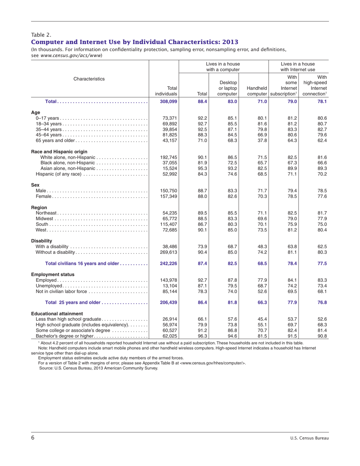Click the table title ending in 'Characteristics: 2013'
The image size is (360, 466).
pos(135,42)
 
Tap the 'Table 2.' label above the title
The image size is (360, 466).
pos(41,35)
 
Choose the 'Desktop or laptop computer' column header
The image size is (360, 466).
pos(228,88)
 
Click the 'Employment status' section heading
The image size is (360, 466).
pos(53,274)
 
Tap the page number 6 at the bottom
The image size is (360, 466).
pos(33,438)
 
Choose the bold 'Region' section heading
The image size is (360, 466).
pos(39,208)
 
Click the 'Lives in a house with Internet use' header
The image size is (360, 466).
pos(298,67)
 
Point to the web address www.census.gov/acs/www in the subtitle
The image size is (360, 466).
pos(71,55)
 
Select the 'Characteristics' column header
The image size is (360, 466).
pos(89,79)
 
